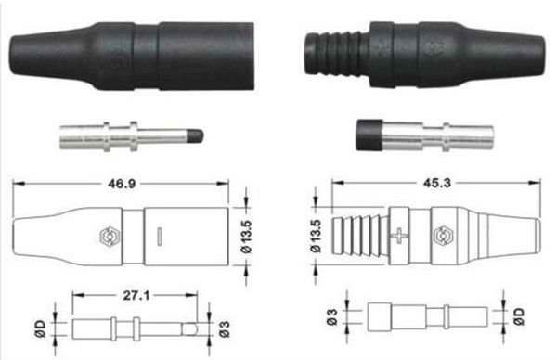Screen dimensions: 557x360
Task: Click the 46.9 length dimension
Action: coord(122,184)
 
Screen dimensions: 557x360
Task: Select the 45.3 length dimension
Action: coord(437,183)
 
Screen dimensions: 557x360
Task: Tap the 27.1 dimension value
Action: coord(136,295)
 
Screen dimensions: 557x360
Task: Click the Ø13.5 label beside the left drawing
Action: coord(246,237)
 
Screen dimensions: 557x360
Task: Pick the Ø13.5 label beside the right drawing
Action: coord(316,236)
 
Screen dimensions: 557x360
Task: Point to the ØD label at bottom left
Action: coord(40,328)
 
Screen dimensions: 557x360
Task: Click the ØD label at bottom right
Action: coord(519,316)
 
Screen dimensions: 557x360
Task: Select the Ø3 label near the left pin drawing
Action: coord(225,328)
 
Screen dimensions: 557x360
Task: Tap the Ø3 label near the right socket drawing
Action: coord(332,317)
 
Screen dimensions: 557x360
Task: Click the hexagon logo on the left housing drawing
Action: coord(110,237)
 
